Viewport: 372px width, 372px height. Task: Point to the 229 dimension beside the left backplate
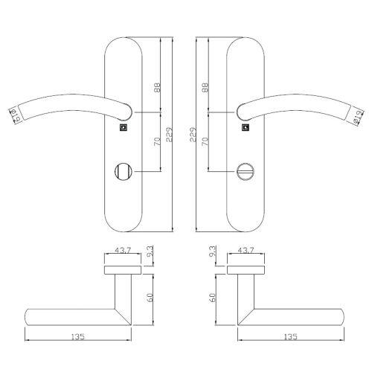coord(170,135)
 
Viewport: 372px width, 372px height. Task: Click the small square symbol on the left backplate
coord(124,127)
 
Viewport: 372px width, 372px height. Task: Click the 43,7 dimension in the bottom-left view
coord(122,251)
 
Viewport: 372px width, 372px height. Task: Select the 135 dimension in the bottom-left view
coord(79,337)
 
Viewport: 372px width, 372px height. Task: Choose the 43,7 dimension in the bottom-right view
coord(246,251)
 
